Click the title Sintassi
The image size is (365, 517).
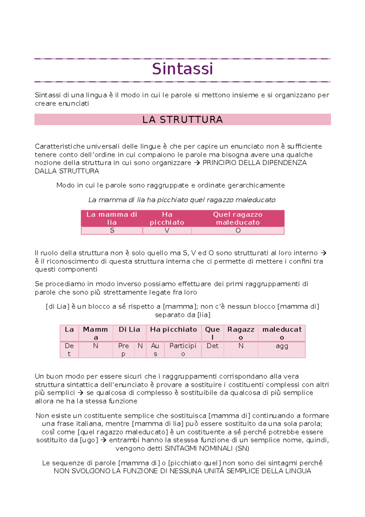tap(182, 69)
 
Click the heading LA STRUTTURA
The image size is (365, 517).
tap(182, 120)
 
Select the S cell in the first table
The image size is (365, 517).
tap(112, 231)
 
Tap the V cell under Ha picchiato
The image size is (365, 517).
tap(167, 231)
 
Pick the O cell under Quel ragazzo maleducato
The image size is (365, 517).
tap(238, 231)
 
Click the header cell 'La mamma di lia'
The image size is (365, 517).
tap(112, 218)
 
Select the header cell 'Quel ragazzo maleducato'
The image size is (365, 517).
tap(238, 218)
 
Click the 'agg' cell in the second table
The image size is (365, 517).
tap(282, 346)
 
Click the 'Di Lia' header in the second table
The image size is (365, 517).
tap(129, 330)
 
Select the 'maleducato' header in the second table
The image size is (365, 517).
tap(282, 333)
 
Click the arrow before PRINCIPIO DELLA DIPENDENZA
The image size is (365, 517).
tap(197, 163)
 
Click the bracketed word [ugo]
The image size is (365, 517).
tap(89, 440)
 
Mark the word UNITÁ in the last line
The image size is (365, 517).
tap(214, 471)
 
